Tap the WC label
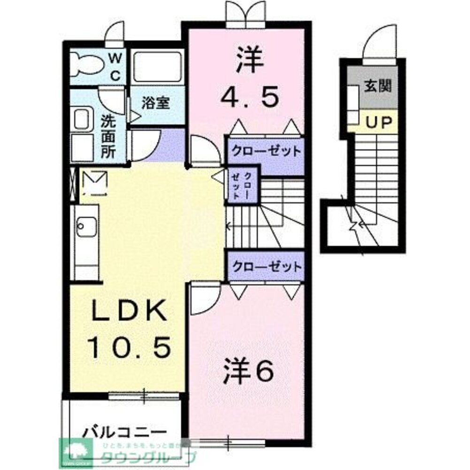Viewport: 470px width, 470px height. pos(116,67)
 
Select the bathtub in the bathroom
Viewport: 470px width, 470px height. pos(157,67)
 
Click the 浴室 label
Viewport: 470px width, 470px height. pos(156,103)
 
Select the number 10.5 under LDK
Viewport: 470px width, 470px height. pos(129,348)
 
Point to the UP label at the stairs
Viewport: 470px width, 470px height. pos(378,123)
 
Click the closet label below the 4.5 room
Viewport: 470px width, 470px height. pos(265,151)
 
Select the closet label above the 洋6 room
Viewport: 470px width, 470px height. pos(265,267)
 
